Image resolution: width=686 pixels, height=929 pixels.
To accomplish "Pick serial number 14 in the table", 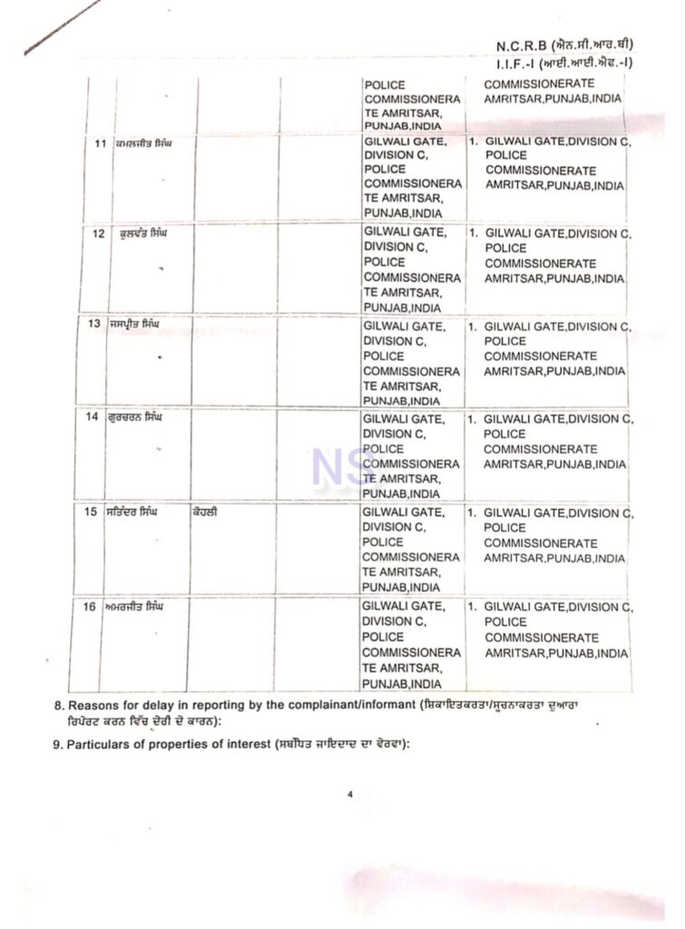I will point(92,417).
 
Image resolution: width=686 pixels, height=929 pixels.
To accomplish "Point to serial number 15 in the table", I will point(91,512).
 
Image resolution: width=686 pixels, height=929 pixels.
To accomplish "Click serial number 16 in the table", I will point(89,605).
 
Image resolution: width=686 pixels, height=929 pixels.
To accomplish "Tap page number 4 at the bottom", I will point(348,795).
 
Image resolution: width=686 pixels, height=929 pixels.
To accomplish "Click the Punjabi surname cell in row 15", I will point(204,512).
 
